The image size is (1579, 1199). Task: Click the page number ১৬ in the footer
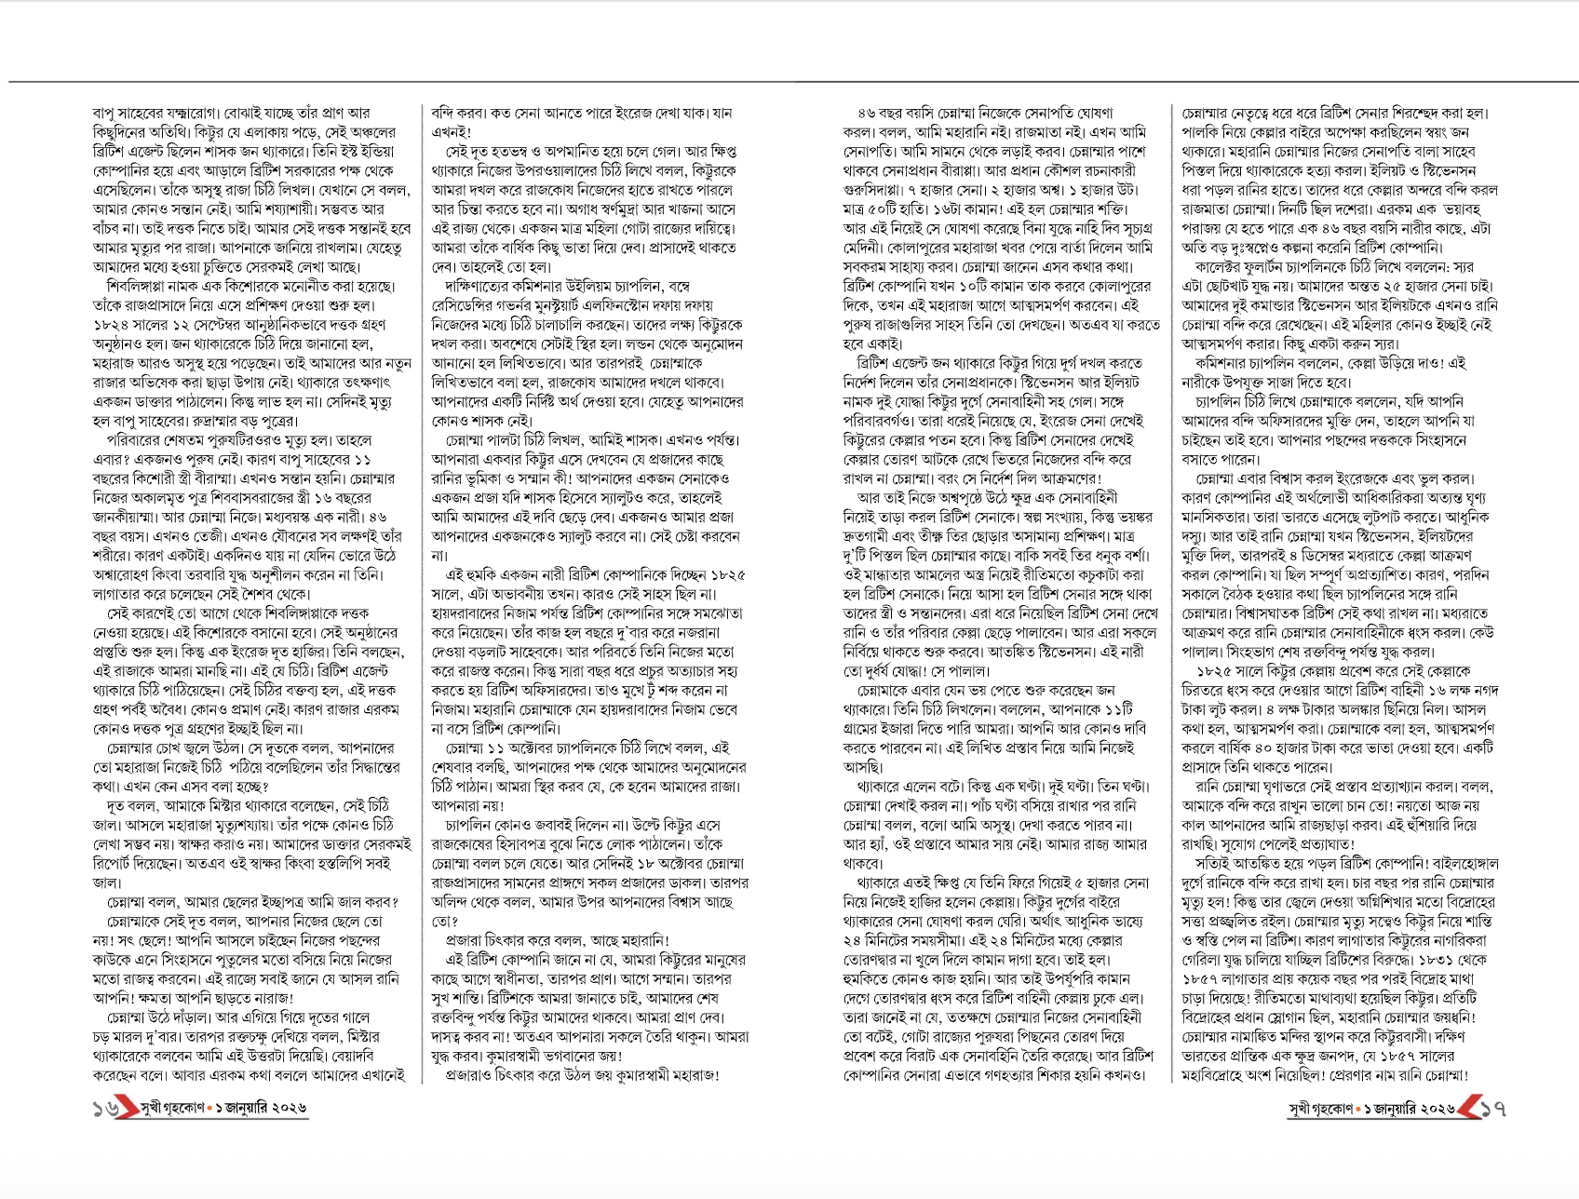pos(103,1109)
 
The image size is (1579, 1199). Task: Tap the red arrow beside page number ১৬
pos(124,1109)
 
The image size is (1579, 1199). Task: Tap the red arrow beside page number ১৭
pos(1468,1109)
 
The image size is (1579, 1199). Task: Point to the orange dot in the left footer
pos(210,1109)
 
